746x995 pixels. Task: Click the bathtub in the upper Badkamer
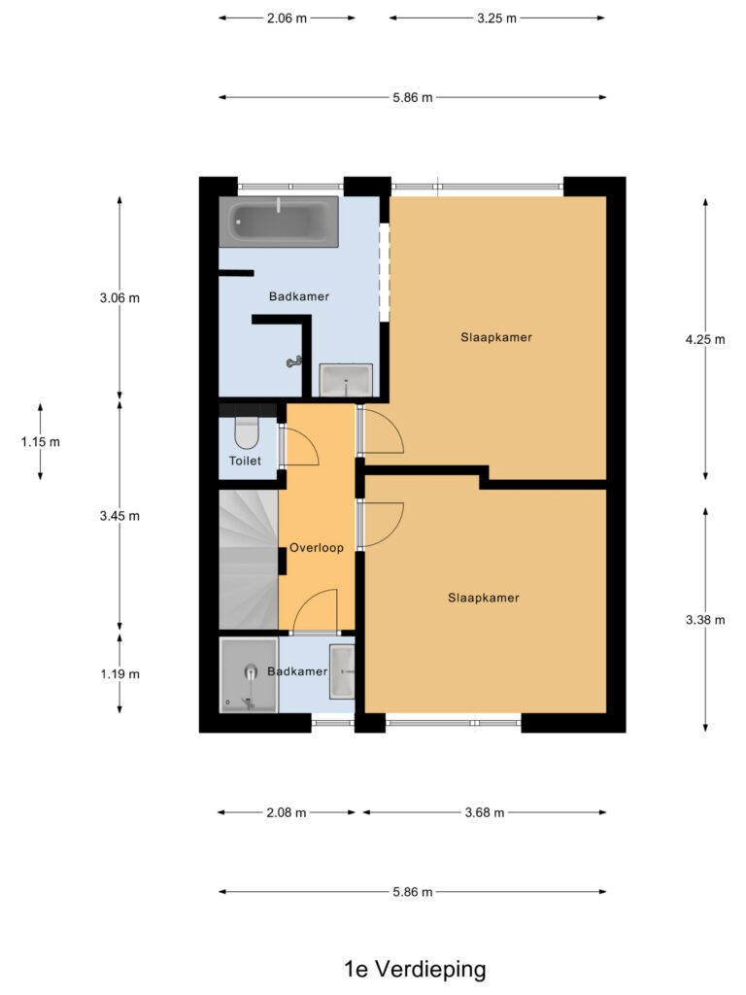click(x=279, y=222)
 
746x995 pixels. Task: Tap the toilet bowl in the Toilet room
click(x=246, y=432)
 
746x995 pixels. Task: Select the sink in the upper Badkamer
click(x=346, y=380)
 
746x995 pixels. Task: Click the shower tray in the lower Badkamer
click(x=249, y=675)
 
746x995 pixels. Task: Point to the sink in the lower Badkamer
click(x=342, y=671)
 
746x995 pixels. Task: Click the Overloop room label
click(x=317, y=548)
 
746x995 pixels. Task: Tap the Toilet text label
click(x=245, y=461)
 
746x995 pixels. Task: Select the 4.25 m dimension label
click(x=705, y=339)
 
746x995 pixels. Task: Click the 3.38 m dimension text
click(x=705, y=620)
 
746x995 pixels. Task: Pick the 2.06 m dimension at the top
click(x=287, y=18)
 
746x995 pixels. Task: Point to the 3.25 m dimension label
click(x=496, y=18)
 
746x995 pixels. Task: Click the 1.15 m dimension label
click(x=41, y=442)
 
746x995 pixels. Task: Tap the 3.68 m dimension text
click(x=485, y=812)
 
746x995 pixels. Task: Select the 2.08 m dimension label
click(x=287, y=812)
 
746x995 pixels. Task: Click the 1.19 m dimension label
click(x=119, y=674)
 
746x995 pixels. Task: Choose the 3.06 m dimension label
click(x=119, y=297)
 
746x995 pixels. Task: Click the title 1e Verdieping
click(x=415, y=969)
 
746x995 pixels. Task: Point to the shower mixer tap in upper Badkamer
click(x=294, y=362)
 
